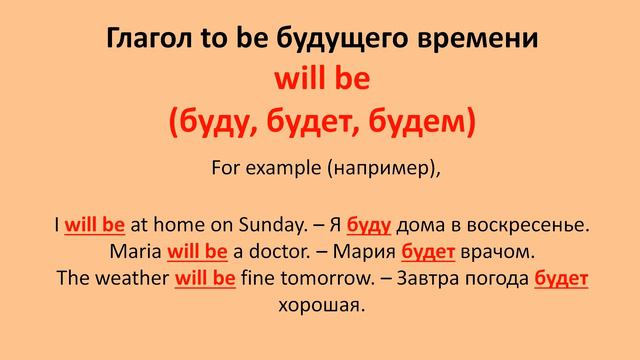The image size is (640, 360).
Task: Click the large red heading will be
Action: tap(320, 79)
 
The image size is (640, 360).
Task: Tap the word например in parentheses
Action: tap(379, 170)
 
